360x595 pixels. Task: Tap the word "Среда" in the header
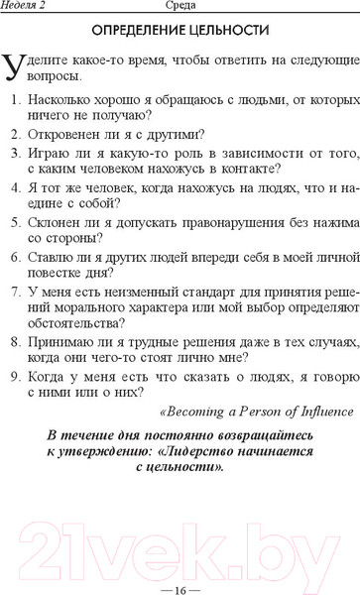(180, 7)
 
